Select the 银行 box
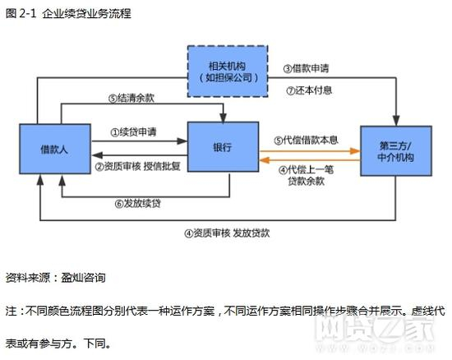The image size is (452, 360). tap(222, 148)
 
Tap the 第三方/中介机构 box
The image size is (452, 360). tap(396, 150)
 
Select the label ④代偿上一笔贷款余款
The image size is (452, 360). tap(310, 175)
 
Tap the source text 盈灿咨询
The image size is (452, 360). tap(83, 278)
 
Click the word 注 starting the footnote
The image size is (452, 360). tap(10, 312)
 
